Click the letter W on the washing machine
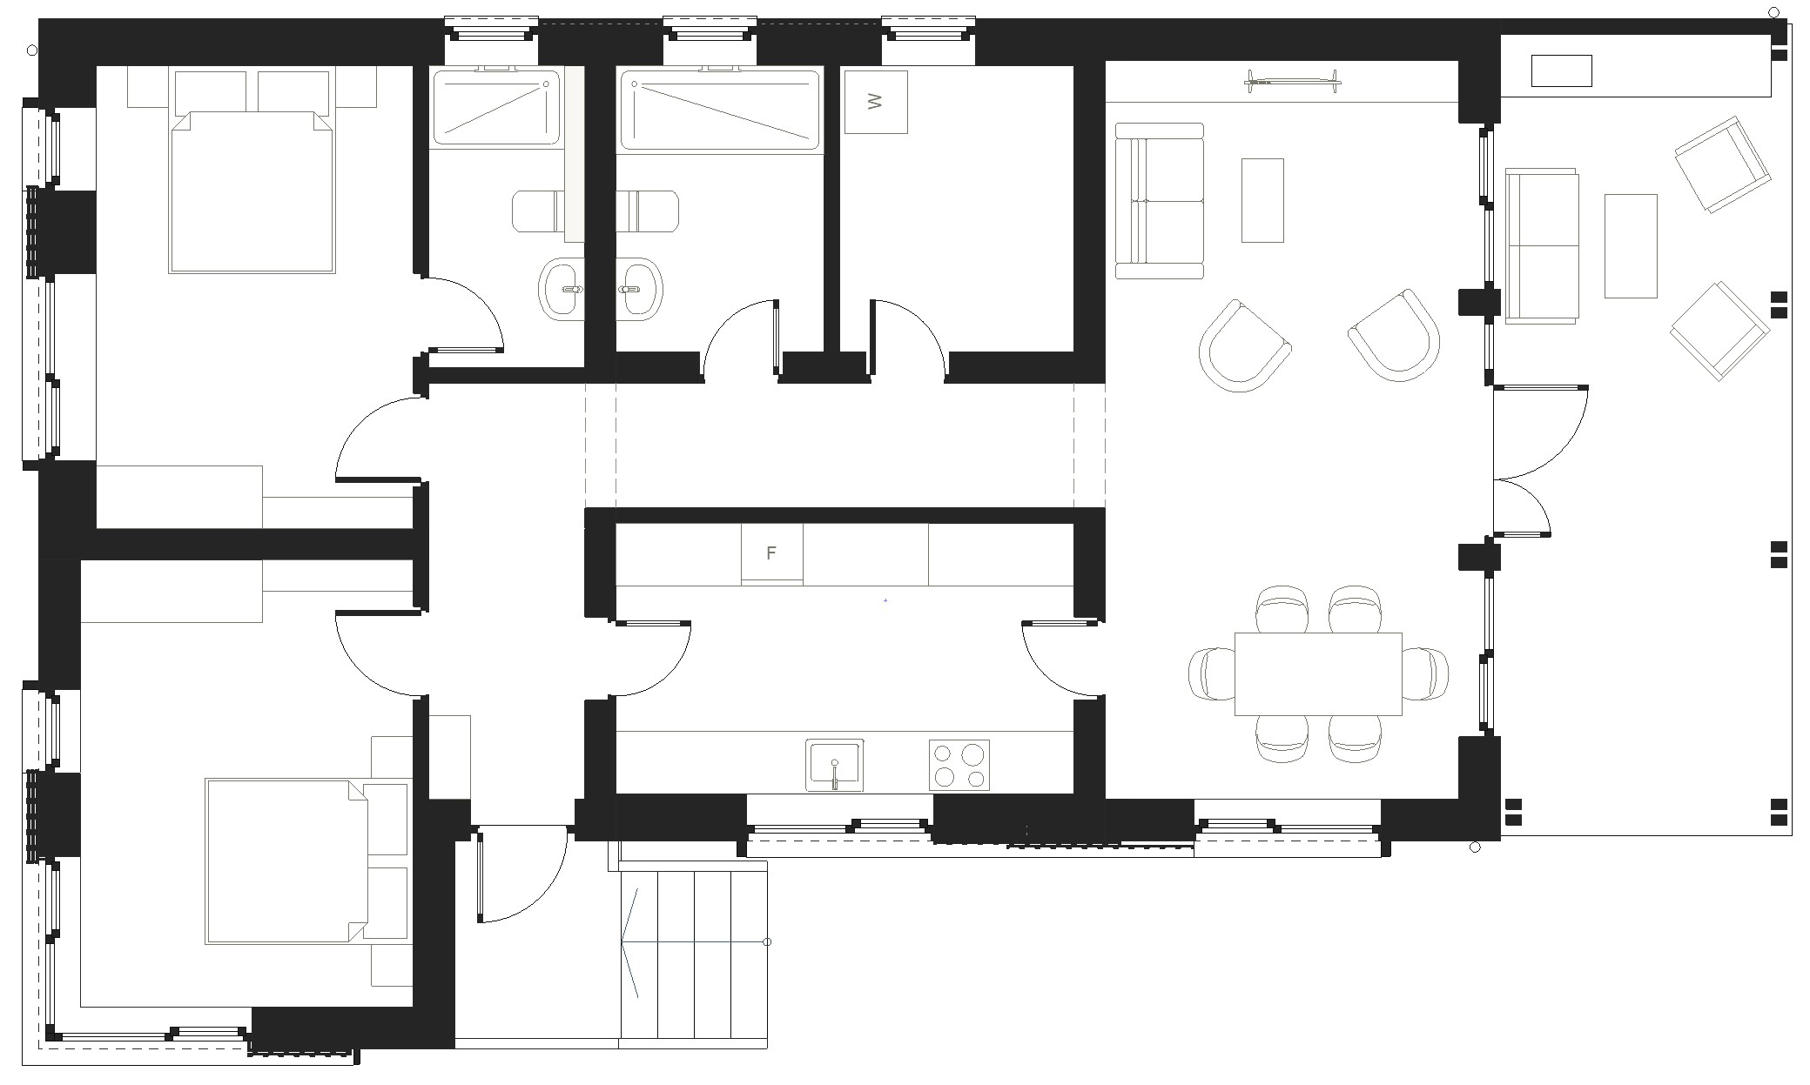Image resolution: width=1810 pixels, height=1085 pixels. (x=876, y=102)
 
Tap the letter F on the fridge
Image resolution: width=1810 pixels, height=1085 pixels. (x=770, y=553)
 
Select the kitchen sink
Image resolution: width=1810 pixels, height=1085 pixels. (x=834, y=765)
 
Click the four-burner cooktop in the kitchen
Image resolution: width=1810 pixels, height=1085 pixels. (x=959, y=765)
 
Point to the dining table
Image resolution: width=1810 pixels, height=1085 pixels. (x=1318, y=673)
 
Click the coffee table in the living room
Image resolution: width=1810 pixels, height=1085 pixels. (x=1262, y=200)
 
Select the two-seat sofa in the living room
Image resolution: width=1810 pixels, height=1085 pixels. (x=1159, y=201)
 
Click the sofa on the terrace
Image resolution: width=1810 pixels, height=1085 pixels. (x=1542, y=246)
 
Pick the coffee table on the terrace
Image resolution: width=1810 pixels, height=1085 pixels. (x=1631, y=246)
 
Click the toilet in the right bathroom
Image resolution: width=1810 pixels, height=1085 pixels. (x=648, y=211)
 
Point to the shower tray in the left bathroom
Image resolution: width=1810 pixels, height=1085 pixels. (x=496, y=107)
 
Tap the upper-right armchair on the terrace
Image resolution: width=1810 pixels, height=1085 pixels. (x=1723, y=165)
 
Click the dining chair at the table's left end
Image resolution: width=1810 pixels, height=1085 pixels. (x=1211, y=673)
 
